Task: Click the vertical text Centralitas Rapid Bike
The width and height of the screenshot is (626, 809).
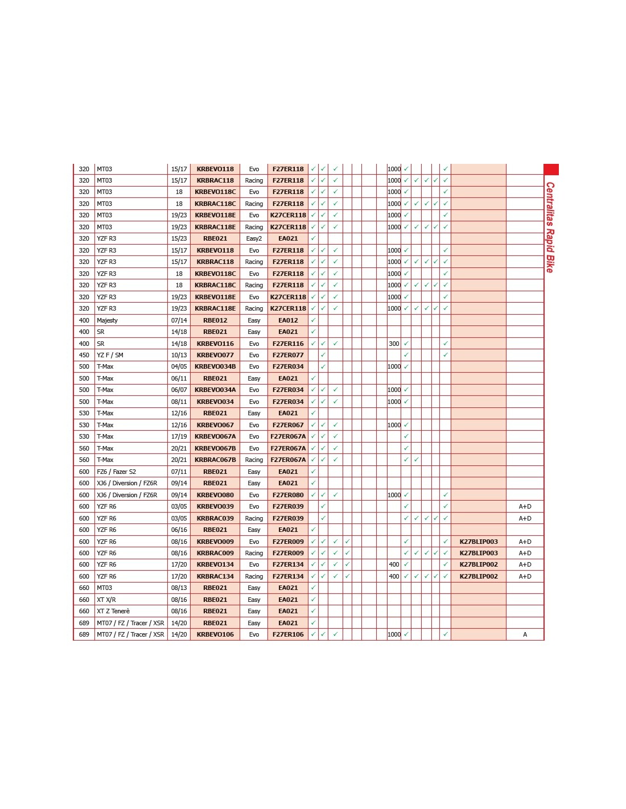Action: (x=550, y=227)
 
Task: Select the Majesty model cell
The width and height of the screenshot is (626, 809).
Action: (x=107, y=320)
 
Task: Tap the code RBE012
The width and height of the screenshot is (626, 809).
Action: (x=215, y=320)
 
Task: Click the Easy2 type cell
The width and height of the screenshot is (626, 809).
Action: (x=254, y=239)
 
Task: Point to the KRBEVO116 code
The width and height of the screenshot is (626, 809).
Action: (x=215, y=344)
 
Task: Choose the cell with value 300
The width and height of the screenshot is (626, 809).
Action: (x=394, y=344)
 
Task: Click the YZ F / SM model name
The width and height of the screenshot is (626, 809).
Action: (x=110, y=355)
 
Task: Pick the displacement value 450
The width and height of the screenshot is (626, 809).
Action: (x=84, y=355)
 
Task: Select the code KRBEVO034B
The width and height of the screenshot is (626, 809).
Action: (x=215, y=367)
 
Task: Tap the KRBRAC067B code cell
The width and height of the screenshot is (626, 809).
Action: (x=215, y=460)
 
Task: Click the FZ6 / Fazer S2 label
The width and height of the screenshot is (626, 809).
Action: (x=116, y=472)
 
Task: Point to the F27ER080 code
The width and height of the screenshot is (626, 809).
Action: (x=288, y=495)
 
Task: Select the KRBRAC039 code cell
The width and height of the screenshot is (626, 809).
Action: (x=215, y=518)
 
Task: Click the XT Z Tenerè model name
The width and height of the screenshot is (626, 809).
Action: (x=113, y=611)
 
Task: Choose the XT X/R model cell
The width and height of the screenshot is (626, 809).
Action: (x=106, y=600)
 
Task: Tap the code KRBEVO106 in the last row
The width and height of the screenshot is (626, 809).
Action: (x=215, y=634)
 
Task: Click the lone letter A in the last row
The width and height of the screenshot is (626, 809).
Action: (x=525, y=634)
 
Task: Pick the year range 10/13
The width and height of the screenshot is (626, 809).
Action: (x=179, y=355)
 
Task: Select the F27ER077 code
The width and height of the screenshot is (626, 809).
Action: (x=288, y=355)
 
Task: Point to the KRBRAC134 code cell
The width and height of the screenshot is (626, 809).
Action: (x=215, y=576)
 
